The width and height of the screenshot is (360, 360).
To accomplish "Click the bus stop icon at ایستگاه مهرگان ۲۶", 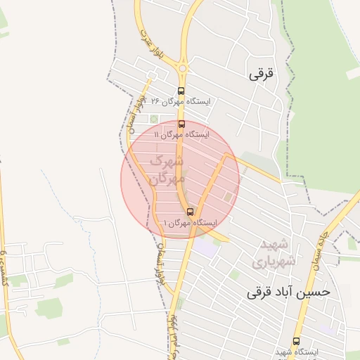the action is tap(181, 91).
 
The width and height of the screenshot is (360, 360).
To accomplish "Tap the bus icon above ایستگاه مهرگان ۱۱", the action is tap(181, 124).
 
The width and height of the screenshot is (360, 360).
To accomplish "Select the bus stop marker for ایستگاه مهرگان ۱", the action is tap(190, 212).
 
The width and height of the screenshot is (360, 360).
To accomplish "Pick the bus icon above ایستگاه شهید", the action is tap(296, 341).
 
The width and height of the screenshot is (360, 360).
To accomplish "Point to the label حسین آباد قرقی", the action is tap(288, 291).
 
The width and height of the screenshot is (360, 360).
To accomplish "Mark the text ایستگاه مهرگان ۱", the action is tap(191, 222).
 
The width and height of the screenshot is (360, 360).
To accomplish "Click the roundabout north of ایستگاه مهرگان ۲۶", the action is tap(183, 68).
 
